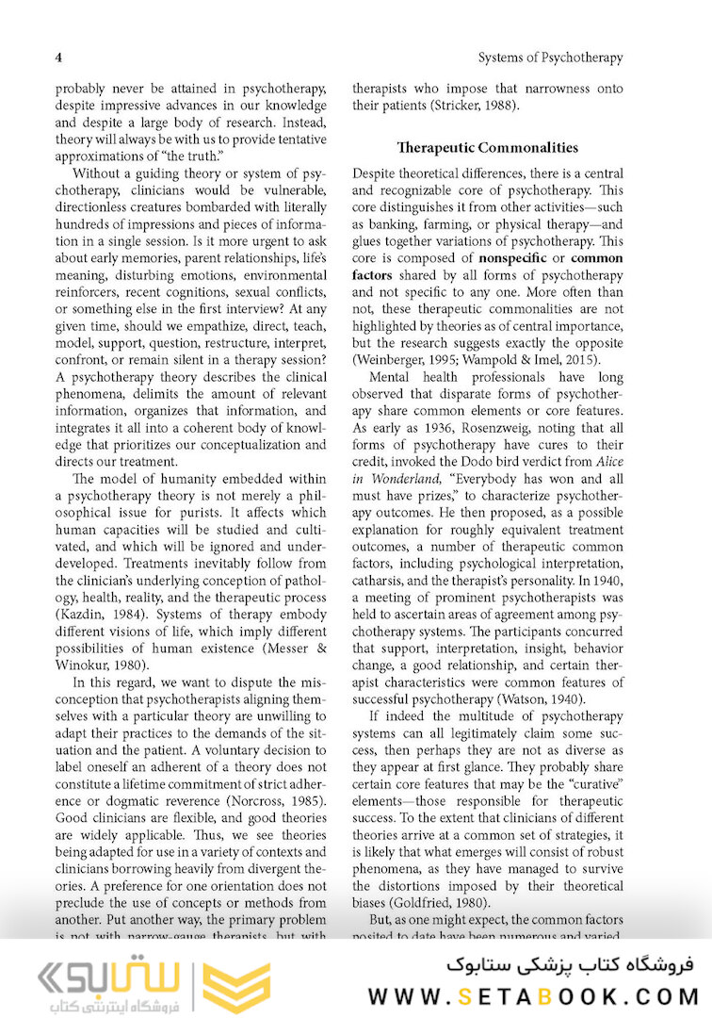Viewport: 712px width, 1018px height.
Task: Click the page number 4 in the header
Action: [58, 57]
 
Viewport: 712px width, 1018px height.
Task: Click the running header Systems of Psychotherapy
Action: [550, 57]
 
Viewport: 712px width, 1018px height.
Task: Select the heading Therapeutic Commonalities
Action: [488, 147]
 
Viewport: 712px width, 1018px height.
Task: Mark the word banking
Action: [389, 223]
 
